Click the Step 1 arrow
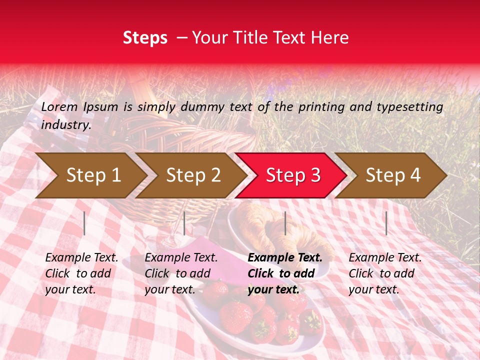tap(93, 175)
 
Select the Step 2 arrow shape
tap(193, 175)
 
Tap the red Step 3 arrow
tap(292, 175)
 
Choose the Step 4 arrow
tap(392, 175)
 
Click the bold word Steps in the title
tap(145, 38)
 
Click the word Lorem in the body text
tap(59, 106)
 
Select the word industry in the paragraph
tap(65, 125)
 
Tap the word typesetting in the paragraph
tap(409, 107)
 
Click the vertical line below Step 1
tap(84, 223)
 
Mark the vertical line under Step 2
tap(184, 223)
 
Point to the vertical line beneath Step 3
tap(285, 223)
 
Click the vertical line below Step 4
tap(386, 223)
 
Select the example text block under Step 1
tap(81, 273)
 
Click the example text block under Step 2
tap(181, 273)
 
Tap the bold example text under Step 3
tap(285, 273)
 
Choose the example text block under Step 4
tap(385, 273)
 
